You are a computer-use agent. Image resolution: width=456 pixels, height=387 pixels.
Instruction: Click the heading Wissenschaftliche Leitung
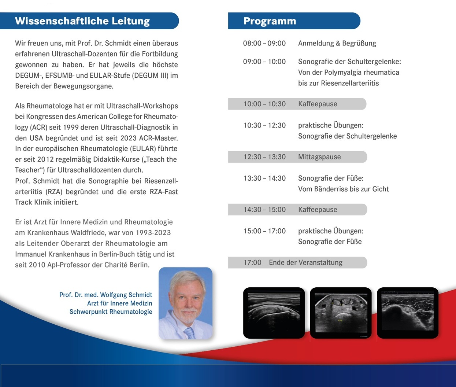(x=82, y=21)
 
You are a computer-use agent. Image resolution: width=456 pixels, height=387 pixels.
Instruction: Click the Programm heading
(x=270, y=21)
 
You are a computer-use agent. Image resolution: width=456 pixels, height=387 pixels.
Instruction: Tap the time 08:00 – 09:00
(x=264, y=43)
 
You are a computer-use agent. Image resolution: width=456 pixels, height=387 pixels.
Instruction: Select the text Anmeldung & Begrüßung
(x=337, y=43)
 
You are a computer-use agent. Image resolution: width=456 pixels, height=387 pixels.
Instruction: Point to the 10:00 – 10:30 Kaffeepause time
(x=264, y=104)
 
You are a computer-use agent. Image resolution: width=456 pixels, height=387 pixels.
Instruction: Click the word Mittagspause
(x=319, y=157)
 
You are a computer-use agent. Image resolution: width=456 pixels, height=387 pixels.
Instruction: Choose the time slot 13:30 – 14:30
(x=264, y=178)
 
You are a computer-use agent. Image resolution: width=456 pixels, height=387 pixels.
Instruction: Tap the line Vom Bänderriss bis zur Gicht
(x=343, y=189)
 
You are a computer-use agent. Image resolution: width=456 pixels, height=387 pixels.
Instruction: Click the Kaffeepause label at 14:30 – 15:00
(x=318, y=210)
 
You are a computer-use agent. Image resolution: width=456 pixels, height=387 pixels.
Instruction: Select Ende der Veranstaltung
(x=305, y=262)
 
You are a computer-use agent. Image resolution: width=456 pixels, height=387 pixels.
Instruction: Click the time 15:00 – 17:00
(x=264, y=231)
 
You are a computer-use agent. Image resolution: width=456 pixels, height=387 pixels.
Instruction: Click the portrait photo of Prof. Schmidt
(x=185, y=303)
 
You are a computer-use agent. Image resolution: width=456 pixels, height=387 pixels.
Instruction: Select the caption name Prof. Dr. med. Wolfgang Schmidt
(x=106, y=295)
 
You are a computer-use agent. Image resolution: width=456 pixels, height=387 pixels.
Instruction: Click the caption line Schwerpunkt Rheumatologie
(x=111, y=312)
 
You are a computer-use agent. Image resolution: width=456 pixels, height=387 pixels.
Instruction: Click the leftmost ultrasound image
(x=274, y=313)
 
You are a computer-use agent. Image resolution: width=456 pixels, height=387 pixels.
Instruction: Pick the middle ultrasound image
(x=341, y=313)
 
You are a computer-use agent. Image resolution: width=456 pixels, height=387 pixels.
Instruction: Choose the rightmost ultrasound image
(x=407, y=313)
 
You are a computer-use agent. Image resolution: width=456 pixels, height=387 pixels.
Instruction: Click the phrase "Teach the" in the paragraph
(x=162, y=159)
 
